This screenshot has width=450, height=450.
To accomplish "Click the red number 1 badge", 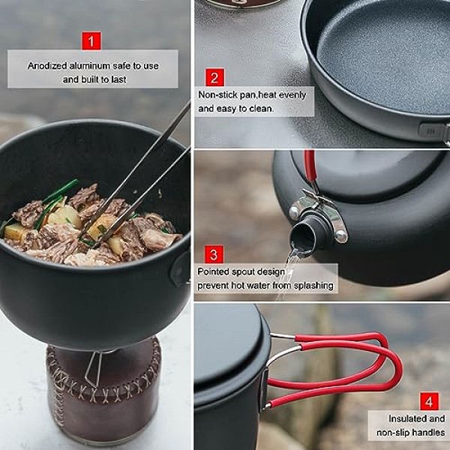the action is pyautogui.click(x=91, y=40).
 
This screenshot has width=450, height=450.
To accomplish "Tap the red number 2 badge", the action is pyautogui.click(x=214, y=77).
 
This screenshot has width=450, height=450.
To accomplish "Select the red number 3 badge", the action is pyautogui.click(x=214, y=254).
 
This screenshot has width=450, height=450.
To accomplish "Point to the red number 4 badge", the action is pyautogui.click(x=429, y=401).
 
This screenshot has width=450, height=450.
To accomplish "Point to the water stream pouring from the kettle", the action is pyautogui.click(x=288, y=272).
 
